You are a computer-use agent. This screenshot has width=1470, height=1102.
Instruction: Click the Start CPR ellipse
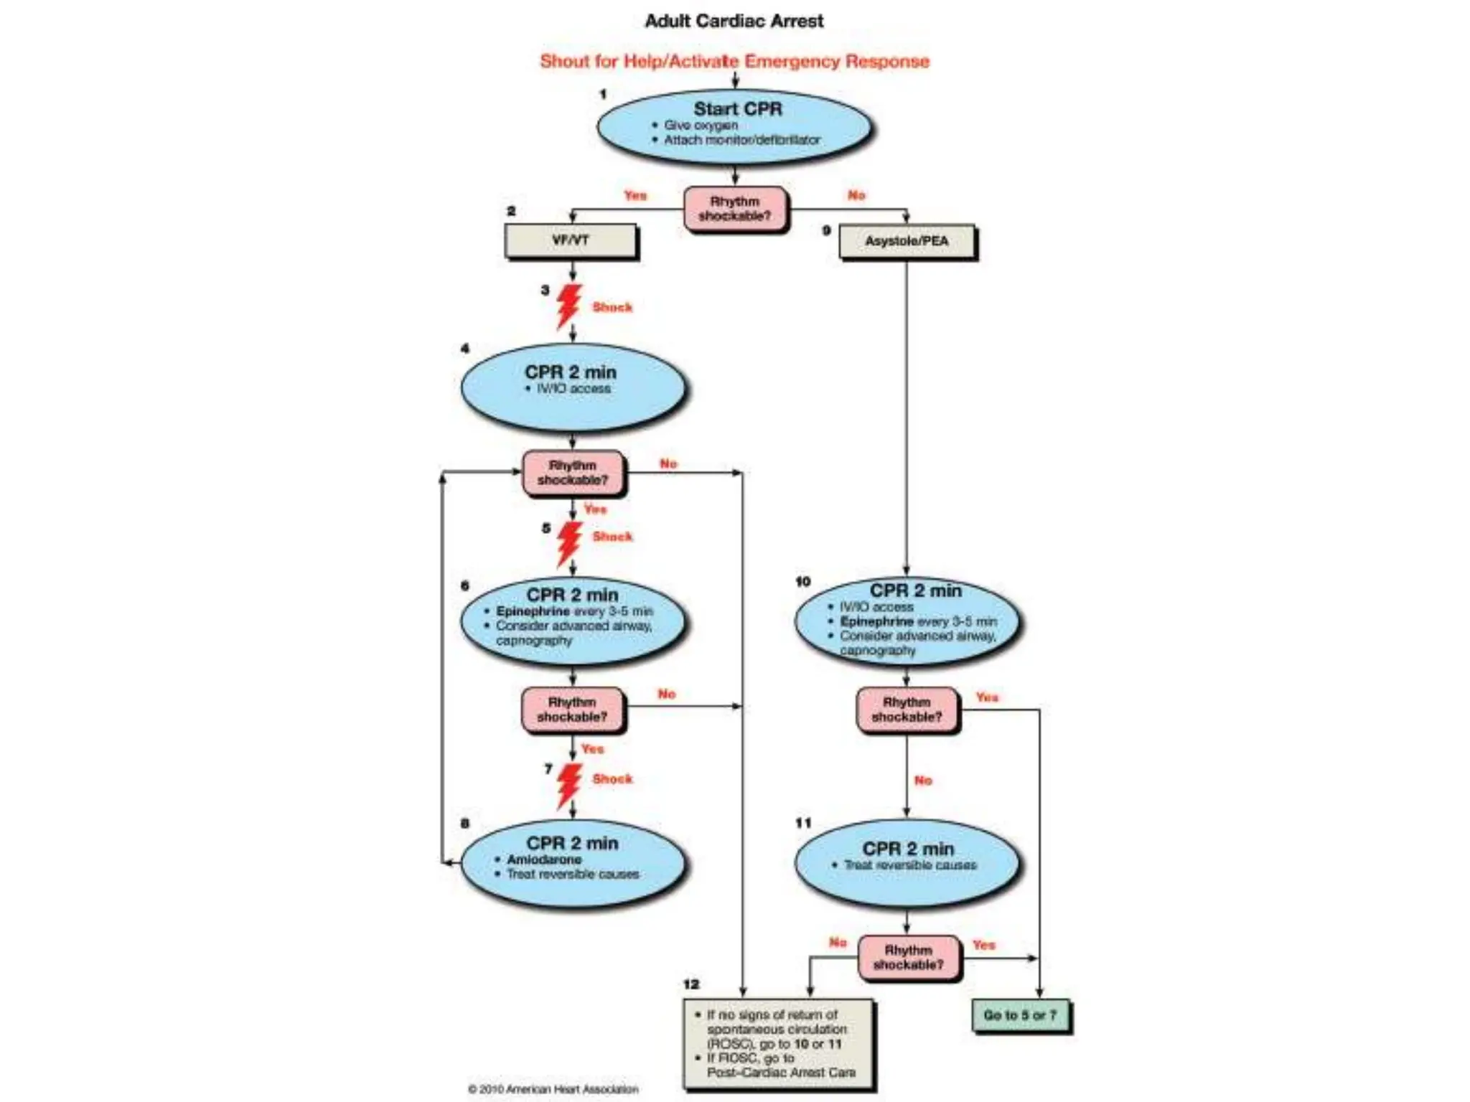tap(734, 127)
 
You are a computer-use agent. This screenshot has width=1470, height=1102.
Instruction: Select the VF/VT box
tap(571, 241)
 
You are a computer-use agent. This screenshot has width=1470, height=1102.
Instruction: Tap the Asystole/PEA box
tap(907, 242)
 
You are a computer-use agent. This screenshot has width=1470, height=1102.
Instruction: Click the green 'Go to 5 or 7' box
tap(1020, 1016)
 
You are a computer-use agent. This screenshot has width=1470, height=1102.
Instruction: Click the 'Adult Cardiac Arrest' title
tap(734, 21)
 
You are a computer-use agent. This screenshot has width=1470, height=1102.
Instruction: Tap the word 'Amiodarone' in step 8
tap(544, 860)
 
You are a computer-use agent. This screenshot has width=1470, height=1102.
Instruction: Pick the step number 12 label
tap(691, 984)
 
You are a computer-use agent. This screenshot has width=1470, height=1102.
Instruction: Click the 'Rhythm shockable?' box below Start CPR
tap(735, 209)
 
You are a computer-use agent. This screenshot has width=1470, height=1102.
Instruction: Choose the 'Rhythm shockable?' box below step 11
tap(908, 957)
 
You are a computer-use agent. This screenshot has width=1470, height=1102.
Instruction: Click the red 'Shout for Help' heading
tap(734, 61)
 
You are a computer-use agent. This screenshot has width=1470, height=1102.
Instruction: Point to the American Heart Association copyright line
tap(553, 1089)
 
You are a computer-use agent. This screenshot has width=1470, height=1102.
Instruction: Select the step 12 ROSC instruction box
tap(779, 1044)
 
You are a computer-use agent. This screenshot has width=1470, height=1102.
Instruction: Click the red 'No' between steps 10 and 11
tap(923, 781)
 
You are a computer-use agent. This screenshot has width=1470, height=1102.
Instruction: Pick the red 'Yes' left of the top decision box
tap(635, 195)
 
